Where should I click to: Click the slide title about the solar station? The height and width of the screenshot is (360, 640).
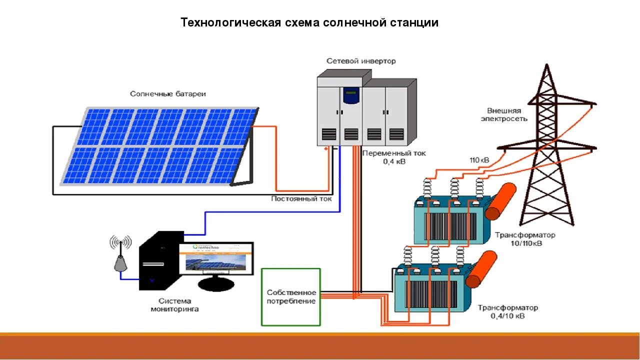click(x=309, y=23)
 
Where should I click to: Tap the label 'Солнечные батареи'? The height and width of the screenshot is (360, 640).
click(x=168, y=94)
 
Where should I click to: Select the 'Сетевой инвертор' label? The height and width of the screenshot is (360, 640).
click(x=361, y=61)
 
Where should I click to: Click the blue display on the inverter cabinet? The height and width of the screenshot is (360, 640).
click(x=351, y=93)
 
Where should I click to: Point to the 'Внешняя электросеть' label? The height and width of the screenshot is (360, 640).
click(x=504, y=114)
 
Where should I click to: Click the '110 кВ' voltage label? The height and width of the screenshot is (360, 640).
click(x=479, y=160)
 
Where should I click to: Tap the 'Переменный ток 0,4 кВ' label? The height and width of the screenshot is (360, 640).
click(x=394, y=157)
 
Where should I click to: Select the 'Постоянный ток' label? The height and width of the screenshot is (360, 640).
click(x=301, y=198)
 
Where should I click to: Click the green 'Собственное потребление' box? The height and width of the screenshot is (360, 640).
click(x=291, y=297)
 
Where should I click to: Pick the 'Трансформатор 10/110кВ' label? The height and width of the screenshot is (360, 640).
click(x=525, y=239)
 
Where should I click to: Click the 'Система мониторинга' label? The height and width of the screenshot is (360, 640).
click(x=174, y=305)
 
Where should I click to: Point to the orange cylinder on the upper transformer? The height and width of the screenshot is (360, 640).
click(x=501, y=201)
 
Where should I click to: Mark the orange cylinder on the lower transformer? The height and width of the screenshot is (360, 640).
click(x=482, y=269)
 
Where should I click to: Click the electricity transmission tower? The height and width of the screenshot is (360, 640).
click(x=547, y=150)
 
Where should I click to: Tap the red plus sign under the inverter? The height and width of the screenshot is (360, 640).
click(x=326, y=149)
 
